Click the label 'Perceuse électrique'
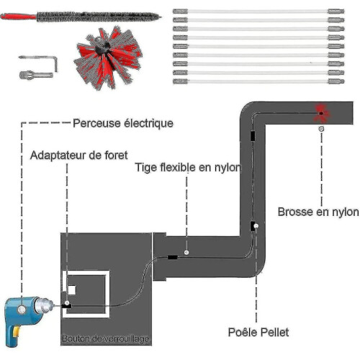click(123, 123)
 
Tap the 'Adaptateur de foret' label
click(79, 156)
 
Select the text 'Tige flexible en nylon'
click(188, 167)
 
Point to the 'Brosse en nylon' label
click(318, 212)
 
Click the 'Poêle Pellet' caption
click(258, 333)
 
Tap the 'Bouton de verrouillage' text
click(106, 338)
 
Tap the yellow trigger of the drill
click(17, 332)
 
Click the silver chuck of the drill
click(45, 305)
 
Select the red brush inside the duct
click(321, 113)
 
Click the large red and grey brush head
click(108, 58)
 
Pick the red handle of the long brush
click(18, 17)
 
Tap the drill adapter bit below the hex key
click(36, 75)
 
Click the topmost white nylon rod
click(258, 11)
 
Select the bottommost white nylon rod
click(258, 81)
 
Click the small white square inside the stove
click(71, 290)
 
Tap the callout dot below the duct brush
click(321, 129)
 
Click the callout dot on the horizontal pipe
click(186, 252)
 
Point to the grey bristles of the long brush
click(99, 17)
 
